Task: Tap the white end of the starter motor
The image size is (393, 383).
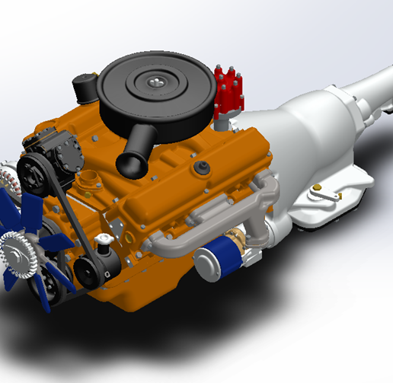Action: [x=203, y=267]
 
